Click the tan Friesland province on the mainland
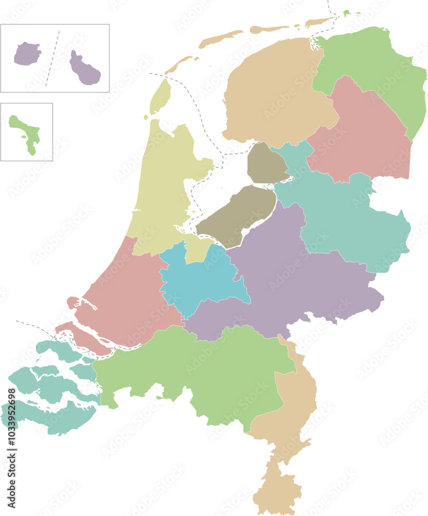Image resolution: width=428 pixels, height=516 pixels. point(274,98)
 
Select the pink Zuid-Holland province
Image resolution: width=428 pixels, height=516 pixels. point(129,299)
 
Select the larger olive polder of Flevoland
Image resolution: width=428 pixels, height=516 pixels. point(237,214)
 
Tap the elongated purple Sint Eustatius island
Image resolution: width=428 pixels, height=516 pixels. point(85,70)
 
